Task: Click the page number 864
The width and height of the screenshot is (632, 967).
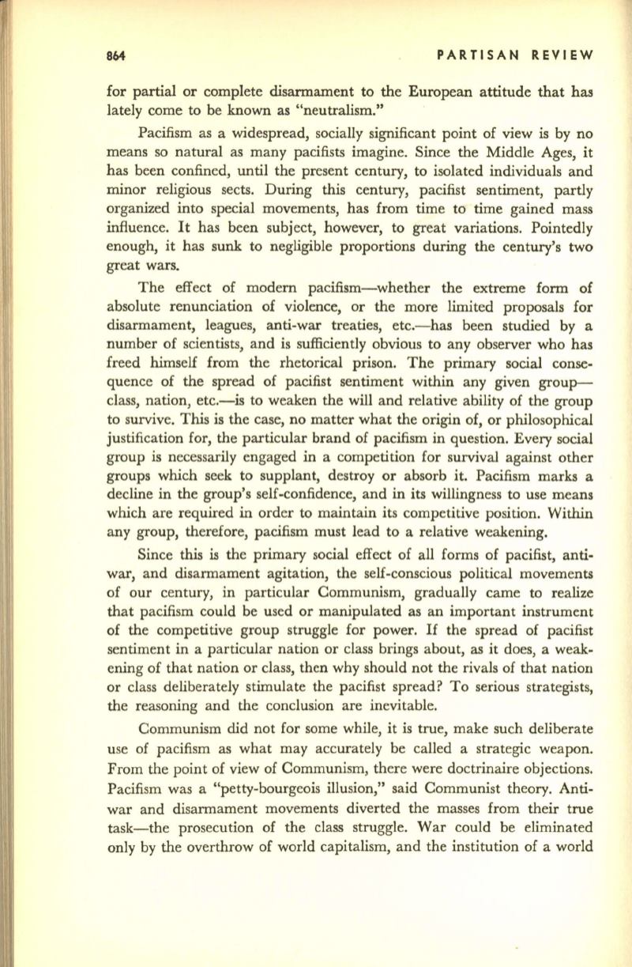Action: point(119,56)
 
